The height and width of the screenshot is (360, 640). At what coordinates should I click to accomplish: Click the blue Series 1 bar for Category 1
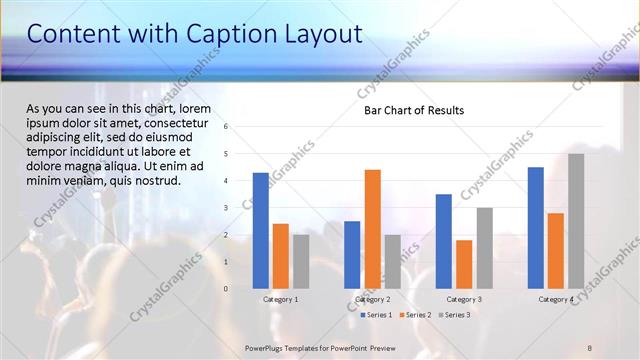pyautogui.click(x=261, y=230)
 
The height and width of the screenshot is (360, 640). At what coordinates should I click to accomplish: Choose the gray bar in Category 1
pyautogui.click(x=301, y=261)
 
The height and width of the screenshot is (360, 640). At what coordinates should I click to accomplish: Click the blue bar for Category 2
pyautogui.click(x=352, y=254)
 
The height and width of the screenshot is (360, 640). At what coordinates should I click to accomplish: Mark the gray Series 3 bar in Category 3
pyautogui.click(x=484, y=248)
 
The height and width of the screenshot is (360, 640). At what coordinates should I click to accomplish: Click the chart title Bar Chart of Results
pyautogui.click(x=413, y=110)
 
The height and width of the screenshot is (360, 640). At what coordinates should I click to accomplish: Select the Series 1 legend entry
pyautogui.click(x=375, y=315)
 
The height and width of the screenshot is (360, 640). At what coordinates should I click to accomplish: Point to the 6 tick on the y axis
pyautogui.click(x=227, y=127)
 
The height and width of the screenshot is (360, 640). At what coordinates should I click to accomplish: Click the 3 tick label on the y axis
pyautogui.click(x=227, y=208)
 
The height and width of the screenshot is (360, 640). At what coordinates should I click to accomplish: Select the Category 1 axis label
pyautogui.click(x=281, y=299)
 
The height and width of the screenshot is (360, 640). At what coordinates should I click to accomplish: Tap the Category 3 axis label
pyautogui.click(x=464, y=299)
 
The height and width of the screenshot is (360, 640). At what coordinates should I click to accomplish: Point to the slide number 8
pyautogui.click(x=590, y=347)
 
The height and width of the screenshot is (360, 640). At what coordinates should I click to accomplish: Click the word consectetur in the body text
pyautogui.click(x=177, y=122)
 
